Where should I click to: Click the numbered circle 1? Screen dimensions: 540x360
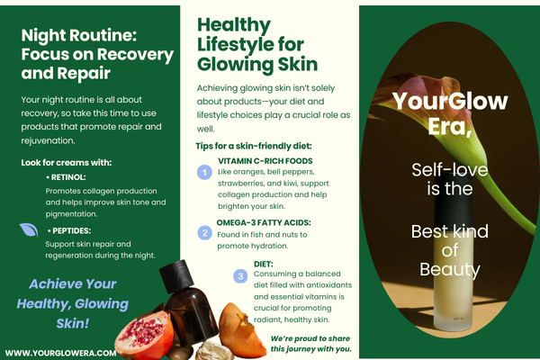click(204, 172)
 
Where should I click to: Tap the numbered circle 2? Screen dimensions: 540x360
click(204, 233)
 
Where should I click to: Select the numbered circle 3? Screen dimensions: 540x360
click(240, 276)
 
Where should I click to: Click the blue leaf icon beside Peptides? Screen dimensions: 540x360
click(29, 230)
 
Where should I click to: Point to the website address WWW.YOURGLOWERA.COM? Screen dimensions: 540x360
click(60, 353)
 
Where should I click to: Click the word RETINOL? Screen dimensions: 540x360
click(67, 177)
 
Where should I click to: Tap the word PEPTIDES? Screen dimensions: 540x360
click(72, 230)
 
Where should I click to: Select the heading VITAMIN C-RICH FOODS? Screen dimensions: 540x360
click(265, 161)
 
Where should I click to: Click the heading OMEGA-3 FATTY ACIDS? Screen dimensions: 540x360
click(264, 223)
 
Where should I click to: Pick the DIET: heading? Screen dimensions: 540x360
click(264, 265)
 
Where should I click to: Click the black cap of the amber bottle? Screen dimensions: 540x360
click(177, 275)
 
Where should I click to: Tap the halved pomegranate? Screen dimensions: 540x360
click(145, 334)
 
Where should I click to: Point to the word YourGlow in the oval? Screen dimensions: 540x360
click(450, 102)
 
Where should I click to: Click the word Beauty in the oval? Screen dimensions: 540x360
click(450, 270)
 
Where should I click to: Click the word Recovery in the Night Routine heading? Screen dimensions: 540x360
click(135, 55)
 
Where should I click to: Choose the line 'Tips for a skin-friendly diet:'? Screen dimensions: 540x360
click(254, 146)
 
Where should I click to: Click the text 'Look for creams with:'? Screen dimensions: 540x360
click(67, 163)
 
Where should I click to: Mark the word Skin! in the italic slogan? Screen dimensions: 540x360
click(73, 323)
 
